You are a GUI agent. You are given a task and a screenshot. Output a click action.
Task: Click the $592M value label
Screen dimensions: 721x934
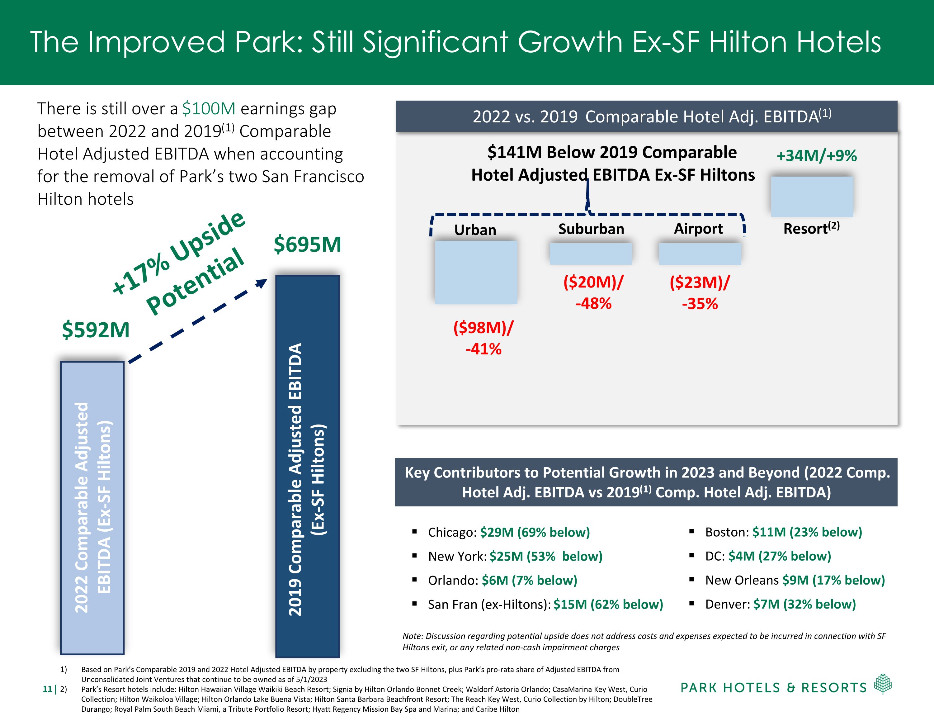[x=96, y=330]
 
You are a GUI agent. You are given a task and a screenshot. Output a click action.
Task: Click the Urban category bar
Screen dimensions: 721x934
[x=476, y=272]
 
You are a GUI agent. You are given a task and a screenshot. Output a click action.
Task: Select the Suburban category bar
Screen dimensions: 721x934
[x=591, y=254]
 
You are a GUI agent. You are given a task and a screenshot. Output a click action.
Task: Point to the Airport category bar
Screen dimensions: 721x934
[x=700, y=254]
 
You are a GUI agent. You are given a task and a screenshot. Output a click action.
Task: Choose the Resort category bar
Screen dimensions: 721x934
[x=812, y=197]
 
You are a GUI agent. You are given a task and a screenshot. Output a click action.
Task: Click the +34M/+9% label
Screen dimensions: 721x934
[x=816, y=156]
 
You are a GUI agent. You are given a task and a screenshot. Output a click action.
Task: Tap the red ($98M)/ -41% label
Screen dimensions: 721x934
[x=483, y=338]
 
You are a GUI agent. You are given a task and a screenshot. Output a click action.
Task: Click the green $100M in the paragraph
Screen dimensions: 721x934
[x=209, y=109]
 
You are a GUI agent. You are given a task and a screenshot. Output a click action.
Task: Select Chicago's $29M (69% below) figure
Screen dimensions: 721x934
[x=535, y=532]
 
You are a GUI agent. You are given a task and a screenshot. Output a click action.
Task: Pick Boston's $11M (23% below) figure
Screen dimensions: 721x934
[x=807, y=532]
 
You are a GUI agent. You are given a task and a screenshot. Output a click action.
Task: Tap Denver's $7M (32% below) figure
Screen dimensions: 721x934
[x=804, y=604]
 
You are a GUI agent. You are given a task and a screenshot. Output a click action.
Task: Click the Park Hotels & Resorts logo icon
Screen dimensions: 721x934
[x=883, y=684]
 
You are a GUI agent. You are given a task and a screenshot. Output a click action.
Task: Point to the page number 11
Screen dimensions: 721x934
[x=47, y=689]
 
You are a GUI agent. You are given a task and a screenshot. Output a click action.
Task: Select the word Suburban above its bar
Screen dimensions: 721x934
[x=591, y=229]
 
